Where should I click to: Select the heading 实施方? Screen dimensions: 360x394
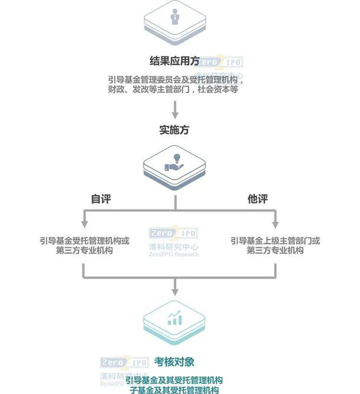pos(174,130)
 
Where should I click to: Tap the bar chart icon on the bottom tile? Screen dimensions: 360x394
pos(174,318)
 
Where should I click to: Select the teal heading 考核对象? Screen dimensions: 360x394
pos(174,362)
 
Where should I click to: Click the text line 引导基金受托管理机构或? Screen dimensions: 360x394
pos(84,240)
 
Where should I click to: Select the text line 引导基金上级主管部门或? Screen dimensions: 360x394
pos(275,240)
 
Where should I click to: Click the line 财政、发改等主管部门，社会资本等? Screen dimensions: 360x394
pos(173,89)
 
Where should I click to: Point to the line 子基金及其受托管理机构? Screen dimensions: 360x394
pos(174,390)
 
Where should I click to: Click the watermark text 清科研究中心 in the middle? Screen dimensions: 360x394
pos(173,247)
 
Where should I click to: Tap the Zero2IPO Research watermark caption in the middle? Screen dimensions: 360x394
pos(173,254)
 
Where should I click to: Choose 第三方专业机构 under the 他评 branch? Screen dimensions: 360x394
pos(275,250)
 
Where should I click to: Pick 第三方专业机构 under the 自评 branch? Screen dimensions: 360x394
pos(84,250)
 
